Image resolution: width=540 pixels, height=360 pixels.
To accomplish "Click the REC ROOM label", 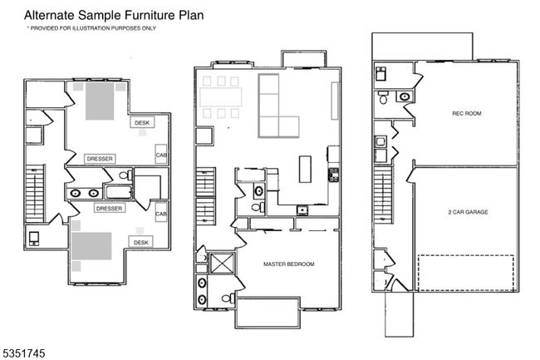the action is [x=467, y=113].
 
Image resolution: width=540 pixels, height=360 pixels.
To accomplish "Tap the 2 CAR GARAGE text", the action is [x=468, y=212].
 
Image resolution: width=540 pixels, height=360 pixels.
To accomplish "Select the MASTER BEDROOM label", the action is [x=288, y=264].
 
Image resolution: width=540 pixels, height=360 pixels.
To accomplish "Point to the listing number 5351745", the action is [x=24, y=353].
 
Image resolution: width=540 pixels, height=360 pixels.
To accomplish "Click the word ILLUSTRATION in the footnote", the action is [x=91, y=28].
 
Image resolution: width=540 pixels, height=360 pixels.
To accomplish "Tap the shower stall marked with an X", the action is [x=222, y=264].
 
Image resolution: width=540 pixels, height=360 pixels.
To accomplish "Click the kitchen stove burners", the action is [x=333, y=175].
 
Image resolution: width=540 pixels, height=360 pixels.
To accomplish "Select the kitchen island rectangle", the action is [x=305, y=169].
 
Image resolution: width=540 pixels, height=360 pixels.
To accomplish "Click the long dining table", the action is [x=221, y=97].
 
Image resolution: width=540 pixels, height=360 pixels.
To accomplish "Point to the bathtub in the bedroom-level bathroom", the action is [x=119, y=192].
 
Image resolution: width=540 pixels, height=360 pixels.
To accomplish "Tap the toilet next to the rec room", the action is [x=383, y=97].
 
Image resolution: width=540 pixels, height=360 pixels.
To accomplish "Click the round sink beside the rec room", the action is [x=405, y=96].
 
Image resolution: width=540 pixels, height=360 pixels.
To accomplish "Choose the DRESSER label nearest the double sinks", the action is [x=109, y=209].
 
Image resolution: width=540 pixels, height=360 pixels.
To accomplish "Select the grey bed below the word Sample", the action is [x=100, y=101].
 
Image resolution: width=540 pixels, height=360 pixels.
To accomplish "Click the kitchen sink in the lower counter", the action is [x=302, y=210].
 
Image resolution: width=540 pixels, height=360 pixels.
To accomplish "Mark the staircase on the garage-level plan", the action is [x=383, y=194].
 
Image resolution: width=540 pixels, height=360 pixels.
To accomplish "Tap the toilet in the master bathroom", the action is [x=228, y=298].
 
